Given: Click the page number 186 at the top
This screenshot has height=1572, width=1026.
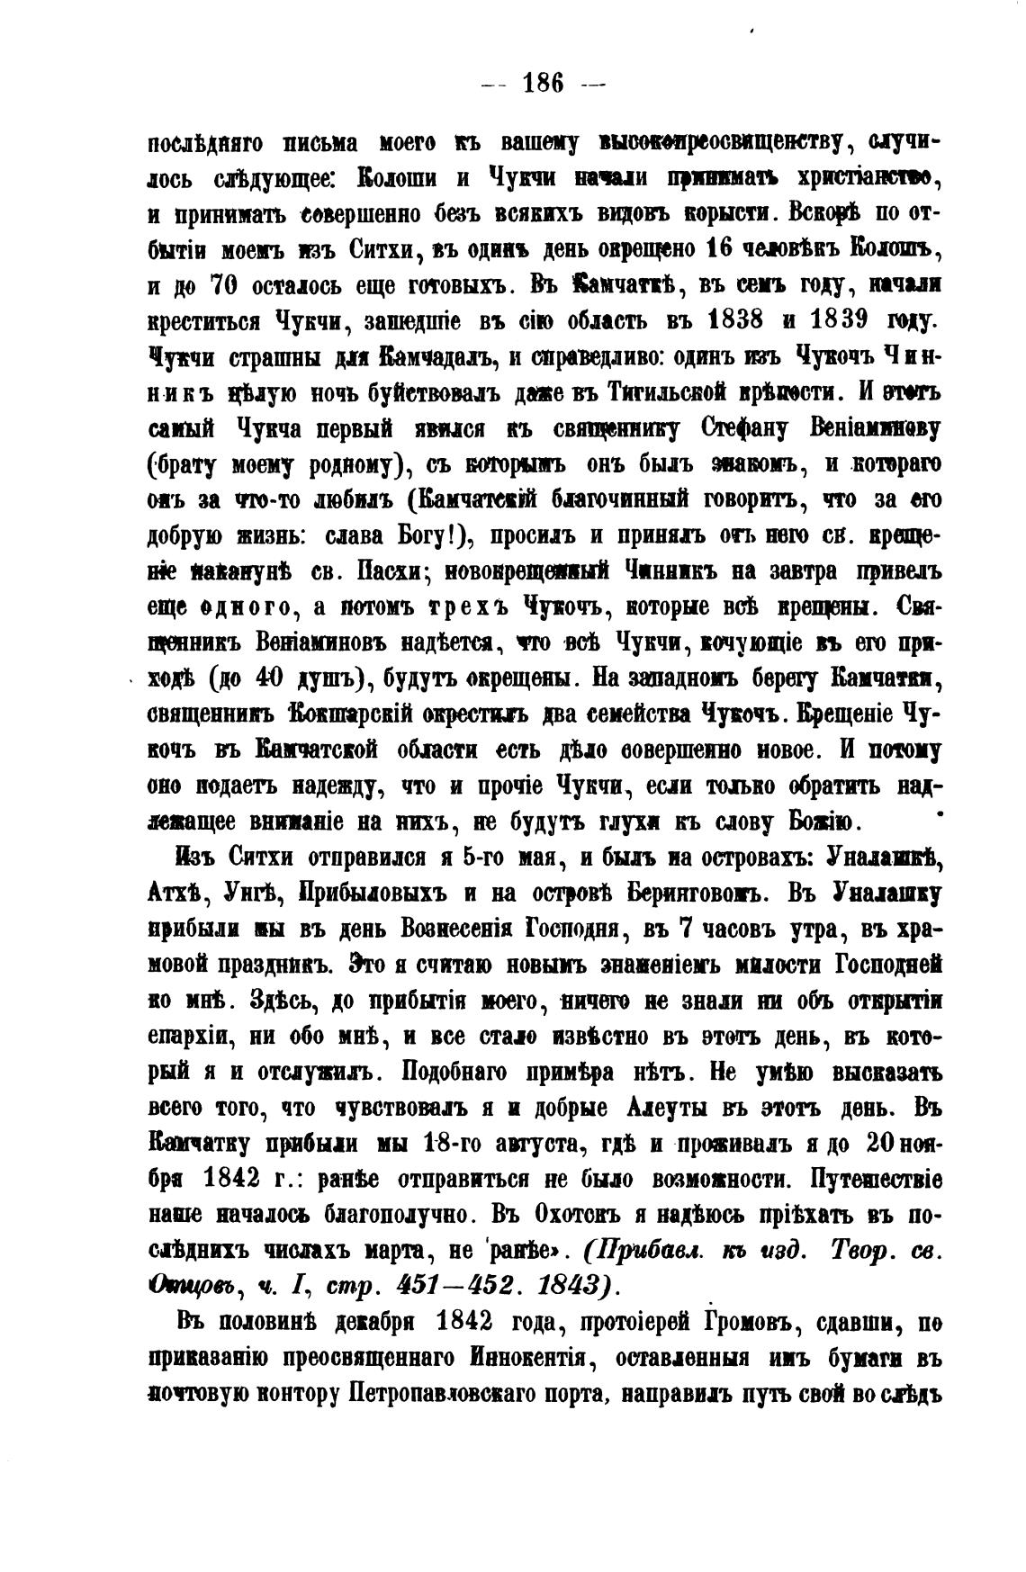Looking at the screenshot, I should click(x=542, y=84).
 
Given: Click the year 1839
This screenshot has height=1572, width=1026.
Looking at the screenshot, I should click(x=841, y=320).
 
